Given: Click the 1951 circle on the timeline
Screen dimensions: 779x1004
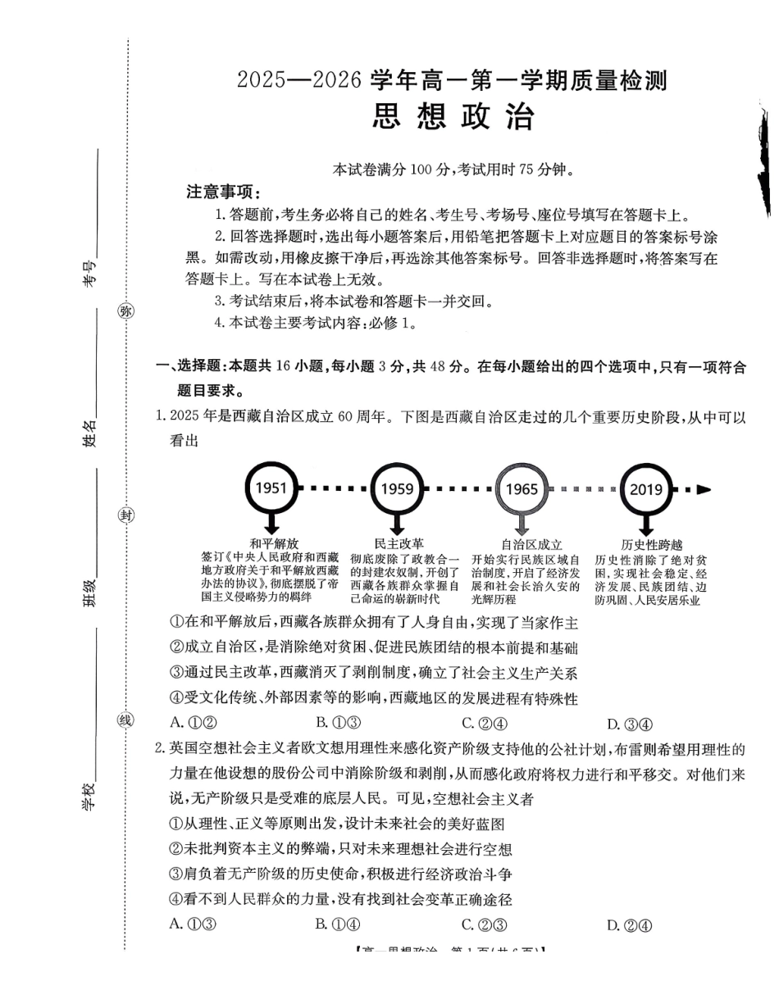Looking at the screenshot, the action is click(x=271, y=488).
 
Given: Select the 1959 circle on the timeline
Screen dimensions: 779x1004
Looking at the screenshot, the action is click(x=397, y=489).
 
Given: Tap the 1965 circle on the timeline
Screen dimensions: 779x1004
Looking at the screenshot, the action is click(x=522, y=489).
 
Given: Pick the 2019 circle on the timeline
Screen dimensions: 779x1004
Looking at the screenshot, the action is click(x=646, y=489).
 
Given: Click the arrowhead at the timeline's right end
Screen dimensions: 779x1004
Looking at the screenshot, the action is click(x=704, y=489).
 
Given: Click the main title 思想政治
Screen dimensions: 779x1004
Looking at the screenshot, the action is click(x=453, y=117).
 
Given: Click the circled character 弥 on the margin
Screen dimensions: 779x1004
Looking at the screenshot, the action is click(x=125, y=311).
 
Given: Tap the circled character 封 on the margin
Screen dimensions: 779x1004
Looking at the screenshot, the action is click(x=125, y=515).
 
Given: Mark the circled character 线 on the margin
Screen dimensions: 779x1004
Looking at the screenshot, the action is click(x=125, y=720).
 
